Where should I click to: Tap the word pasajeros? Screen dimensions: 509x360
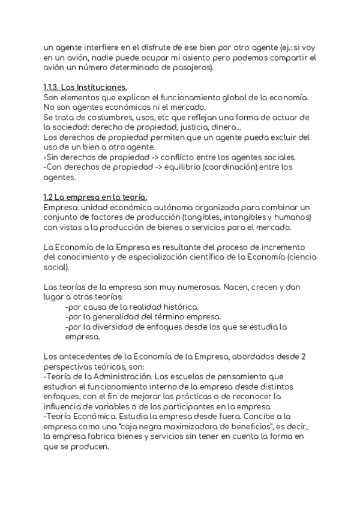click(190, 68)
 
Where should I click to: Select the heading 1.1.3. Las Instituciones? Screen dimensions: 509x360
click(85, 88)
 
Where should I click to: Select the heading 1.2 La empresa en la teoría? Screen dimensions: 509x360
click(95, 197)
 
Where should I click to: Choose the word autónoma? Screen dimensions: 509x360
click(164, 207)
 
